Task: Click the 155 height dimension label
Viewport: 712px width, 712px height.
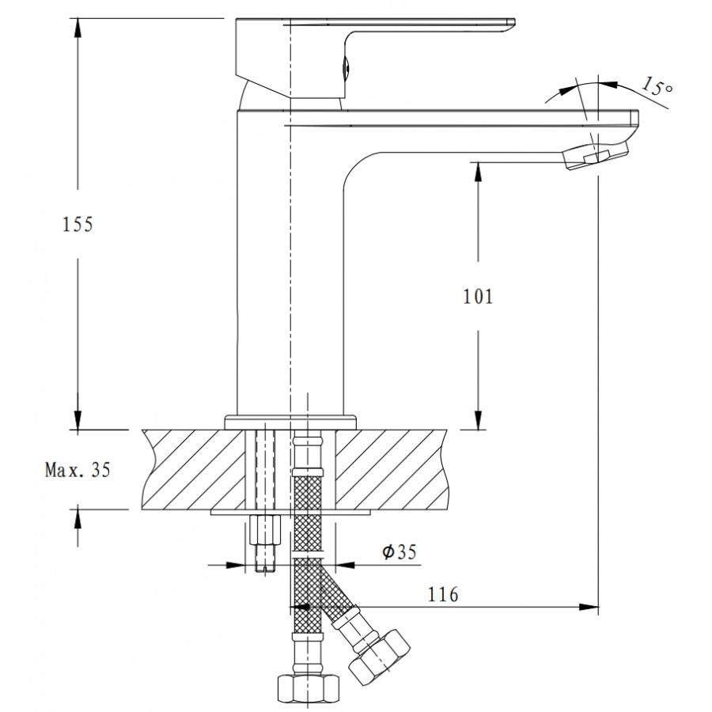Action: (78, 225)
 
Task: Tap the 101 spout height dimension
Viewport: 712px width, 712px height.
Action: (477, 297)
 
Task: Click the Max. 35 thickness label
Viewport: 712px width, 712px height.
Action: (78, 470)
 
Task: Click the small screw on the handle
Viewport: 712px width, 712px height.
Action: (344, 69)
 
